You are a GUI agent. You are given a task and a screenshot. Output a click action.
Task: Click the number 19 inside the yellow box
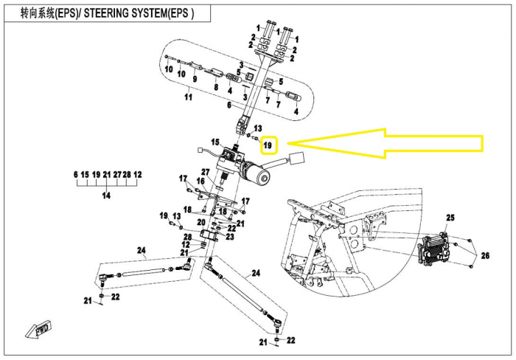pyautogui.click(x=269, y=144)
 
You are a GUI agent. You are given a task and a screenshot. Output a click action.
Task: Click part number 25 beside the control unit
pyautogui.click(x=450, y=219)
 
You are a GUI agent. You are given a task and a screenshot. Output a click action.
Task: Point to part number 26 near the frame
pyautogui.click(x=484, y=256)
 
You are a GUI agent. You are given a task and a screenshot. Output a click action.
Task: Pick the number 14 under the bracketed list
pyautogui.click(x=108, y=195)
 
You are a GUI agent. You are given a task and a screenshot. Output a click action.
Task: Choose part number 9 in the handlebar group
pyautogui.click(x=195, y=78)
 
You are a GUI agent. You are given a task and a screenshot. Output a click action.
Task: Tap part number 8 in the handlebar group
pyautogui.click(x=216, y=87)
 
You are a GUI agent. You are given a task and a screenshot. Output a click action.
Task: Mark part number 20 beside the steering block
pyautogui.click(x=201, y=222)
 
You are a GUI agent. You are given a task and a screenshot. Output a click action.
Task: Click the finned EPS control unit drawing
pyautogui.click(x=435, y=252)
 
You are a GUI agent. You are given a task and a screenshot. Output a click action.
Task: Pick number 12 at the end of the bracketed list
pyautogui.click(x=137, y=174)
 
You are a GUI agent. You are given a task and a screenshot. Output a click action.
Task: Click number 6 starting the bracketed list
pyautogui.click(x=75, y=174)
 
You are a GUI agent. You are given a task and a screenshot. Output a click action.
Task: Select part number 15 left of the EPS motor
pyautogui.click(x=215, y=142)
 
